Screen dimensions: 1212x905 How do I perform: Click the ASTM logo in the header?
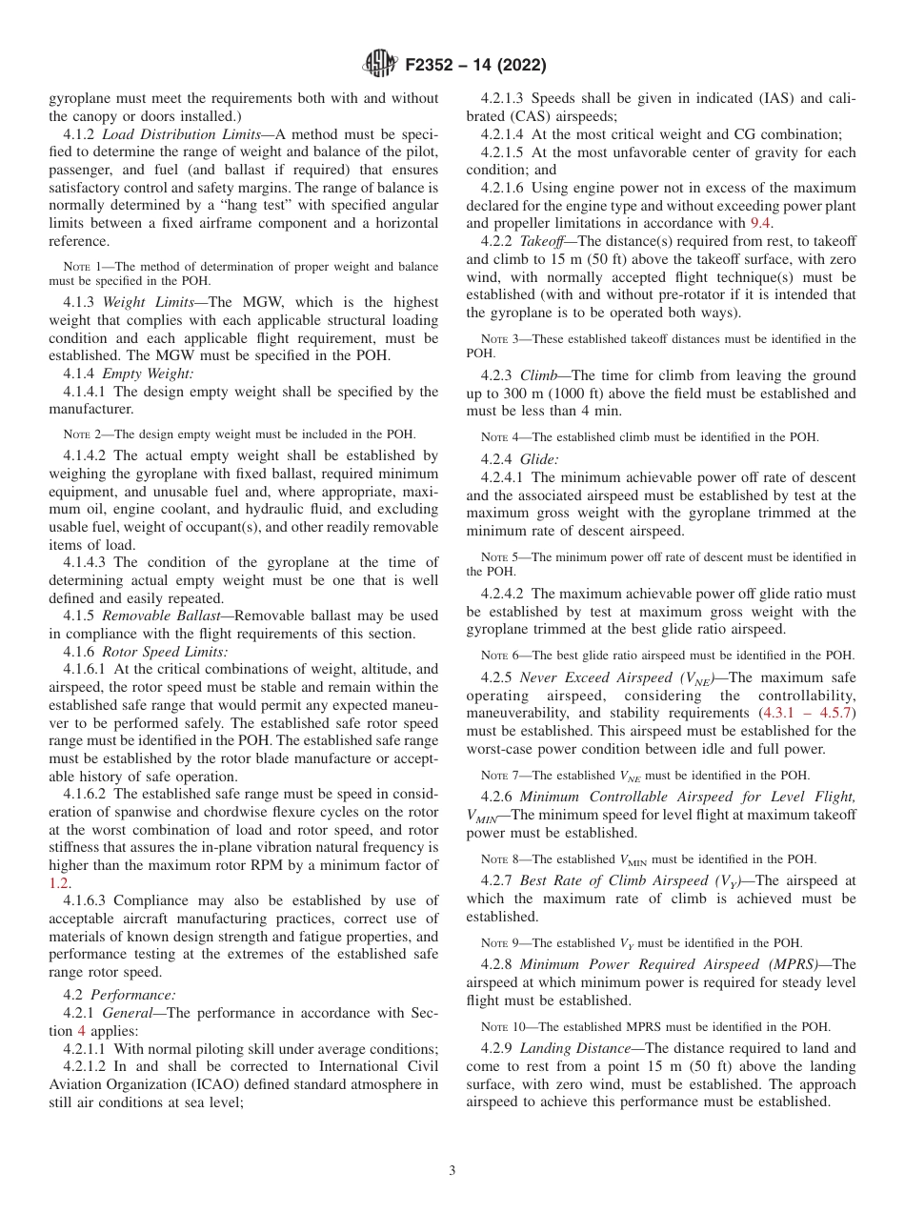click(x=382, y=65)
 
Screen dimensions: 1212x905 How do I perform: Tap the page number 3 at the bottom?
click(x=452, y=1171)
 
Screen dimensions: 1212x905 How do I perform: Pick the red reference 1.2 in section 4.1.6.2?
click(x=59, y=882)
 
